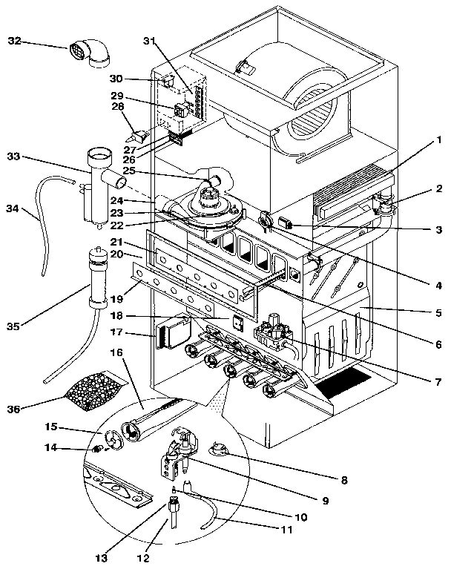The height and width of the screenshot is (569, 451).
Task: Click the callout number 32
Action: (15, 42)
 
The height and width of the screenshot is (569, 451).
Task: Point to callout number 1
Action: (438, 138)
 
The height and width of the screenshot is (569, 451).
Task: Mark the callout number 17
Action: (116, 334)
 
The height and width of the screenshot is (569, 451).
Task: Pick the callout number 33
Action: (15, 157)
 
